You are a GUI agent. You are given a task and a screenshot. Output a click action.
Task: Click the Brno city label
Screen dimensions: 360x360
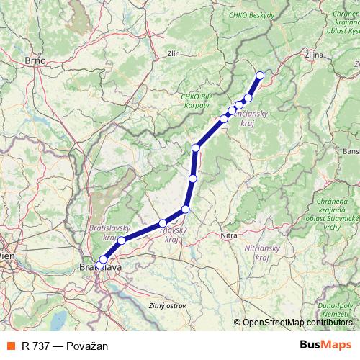[35, 61]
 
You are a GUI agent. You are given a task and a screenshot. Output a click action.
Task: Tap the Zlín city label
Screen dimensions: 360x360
[173, 53]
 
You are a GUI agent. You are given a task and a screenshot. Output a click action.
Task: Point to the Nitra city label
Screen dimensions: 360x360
[229, 235]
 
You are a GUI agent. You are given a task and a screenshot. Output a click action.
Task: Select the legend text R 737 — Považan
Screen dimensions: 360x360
[65, 346]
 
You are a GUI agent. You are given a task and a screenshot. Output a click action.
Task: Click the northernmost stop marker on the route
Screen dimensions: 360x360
[260, 75]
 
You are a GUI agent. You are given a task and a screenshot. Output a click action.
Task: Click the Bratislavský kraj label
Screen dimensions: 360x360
[107, 232]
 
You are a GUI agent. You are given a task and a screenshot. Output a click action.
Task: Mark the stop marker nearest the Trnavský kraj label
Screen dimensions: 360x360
[163, 223]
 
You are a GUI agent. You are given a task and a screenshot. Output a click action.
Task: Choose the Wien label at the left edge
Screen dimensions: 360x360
[7, 255]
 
